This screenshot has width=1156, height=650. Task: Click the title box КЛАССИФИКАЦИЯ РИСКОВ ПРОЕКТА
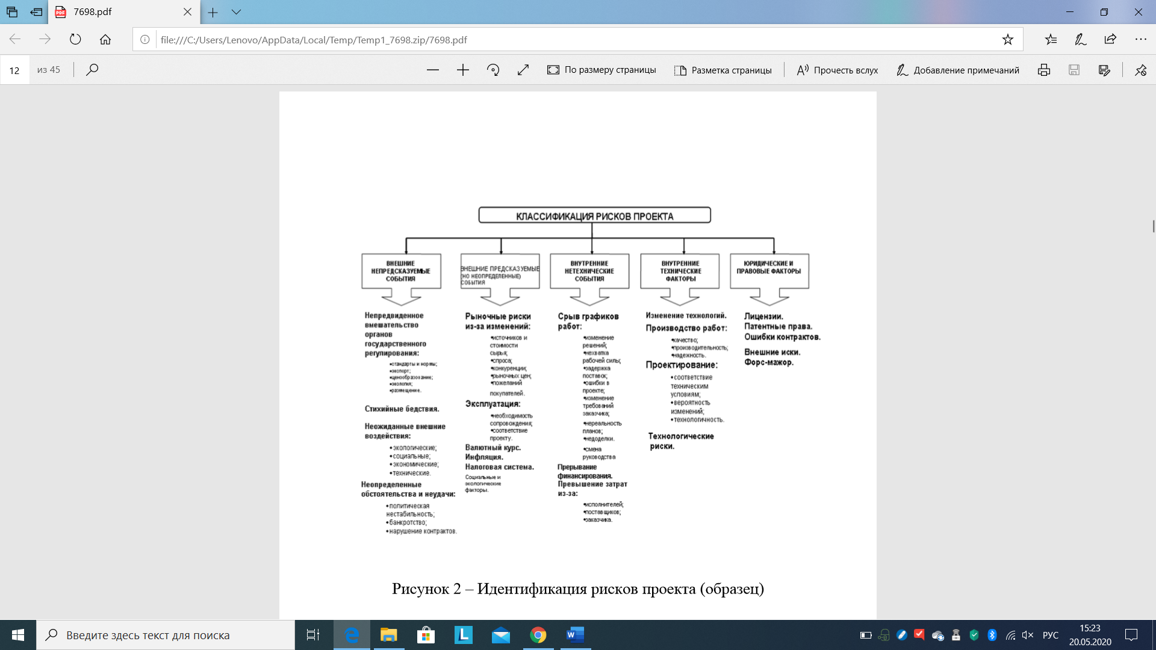tap(594, 215)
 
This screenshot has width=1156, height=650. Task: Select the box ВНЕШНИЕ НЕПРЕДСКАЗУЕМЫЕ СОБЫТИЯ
tap(401, 271)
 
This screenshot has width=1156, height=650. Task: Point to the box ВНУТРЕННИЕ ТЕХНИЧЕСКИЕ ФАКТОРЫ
tap(680, 271)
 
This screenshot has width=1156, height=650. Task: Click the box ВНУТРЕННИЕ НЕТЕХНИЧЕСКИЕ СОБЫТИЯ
tap(589, 271)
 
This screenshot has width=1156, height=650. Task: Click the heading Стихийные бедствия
tap(402, 409)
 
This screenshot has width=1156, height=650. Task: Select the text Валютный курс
tap(493, 448)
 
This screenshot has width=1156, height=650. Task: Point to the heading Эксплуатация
tap(493, 404)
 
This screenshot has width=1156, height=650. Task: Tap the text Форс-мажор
tap(769, 362)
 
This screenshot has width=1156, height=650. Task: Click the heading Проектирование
tap(682, 365)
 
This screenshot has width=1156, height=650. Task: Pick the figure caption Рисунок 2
tap(577, 589)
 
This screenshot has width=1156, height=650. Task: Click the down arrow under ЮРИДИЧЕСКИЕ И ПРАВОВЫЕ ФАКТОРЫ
tap(769, 297)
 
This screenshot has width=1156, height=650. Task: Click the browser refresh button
tap(75, 40)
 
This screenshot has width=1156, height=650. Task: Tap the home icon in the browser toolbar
tap(105, 40)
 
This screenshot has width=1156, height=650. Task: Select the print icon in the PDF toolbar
tap(1044, 70)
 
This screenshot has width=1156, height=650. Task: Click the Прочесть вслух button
tap(837, 70)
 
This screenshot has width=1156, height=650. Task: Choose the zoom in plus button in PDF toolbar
tap(463, 70)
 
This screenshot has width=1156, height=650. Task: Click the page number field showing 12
tap(14, 70)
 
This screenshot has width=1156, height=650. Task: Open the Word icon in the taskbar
tap(576, 635)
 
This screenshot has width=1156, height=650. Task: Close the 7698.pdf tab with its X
tap(187, 12)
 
